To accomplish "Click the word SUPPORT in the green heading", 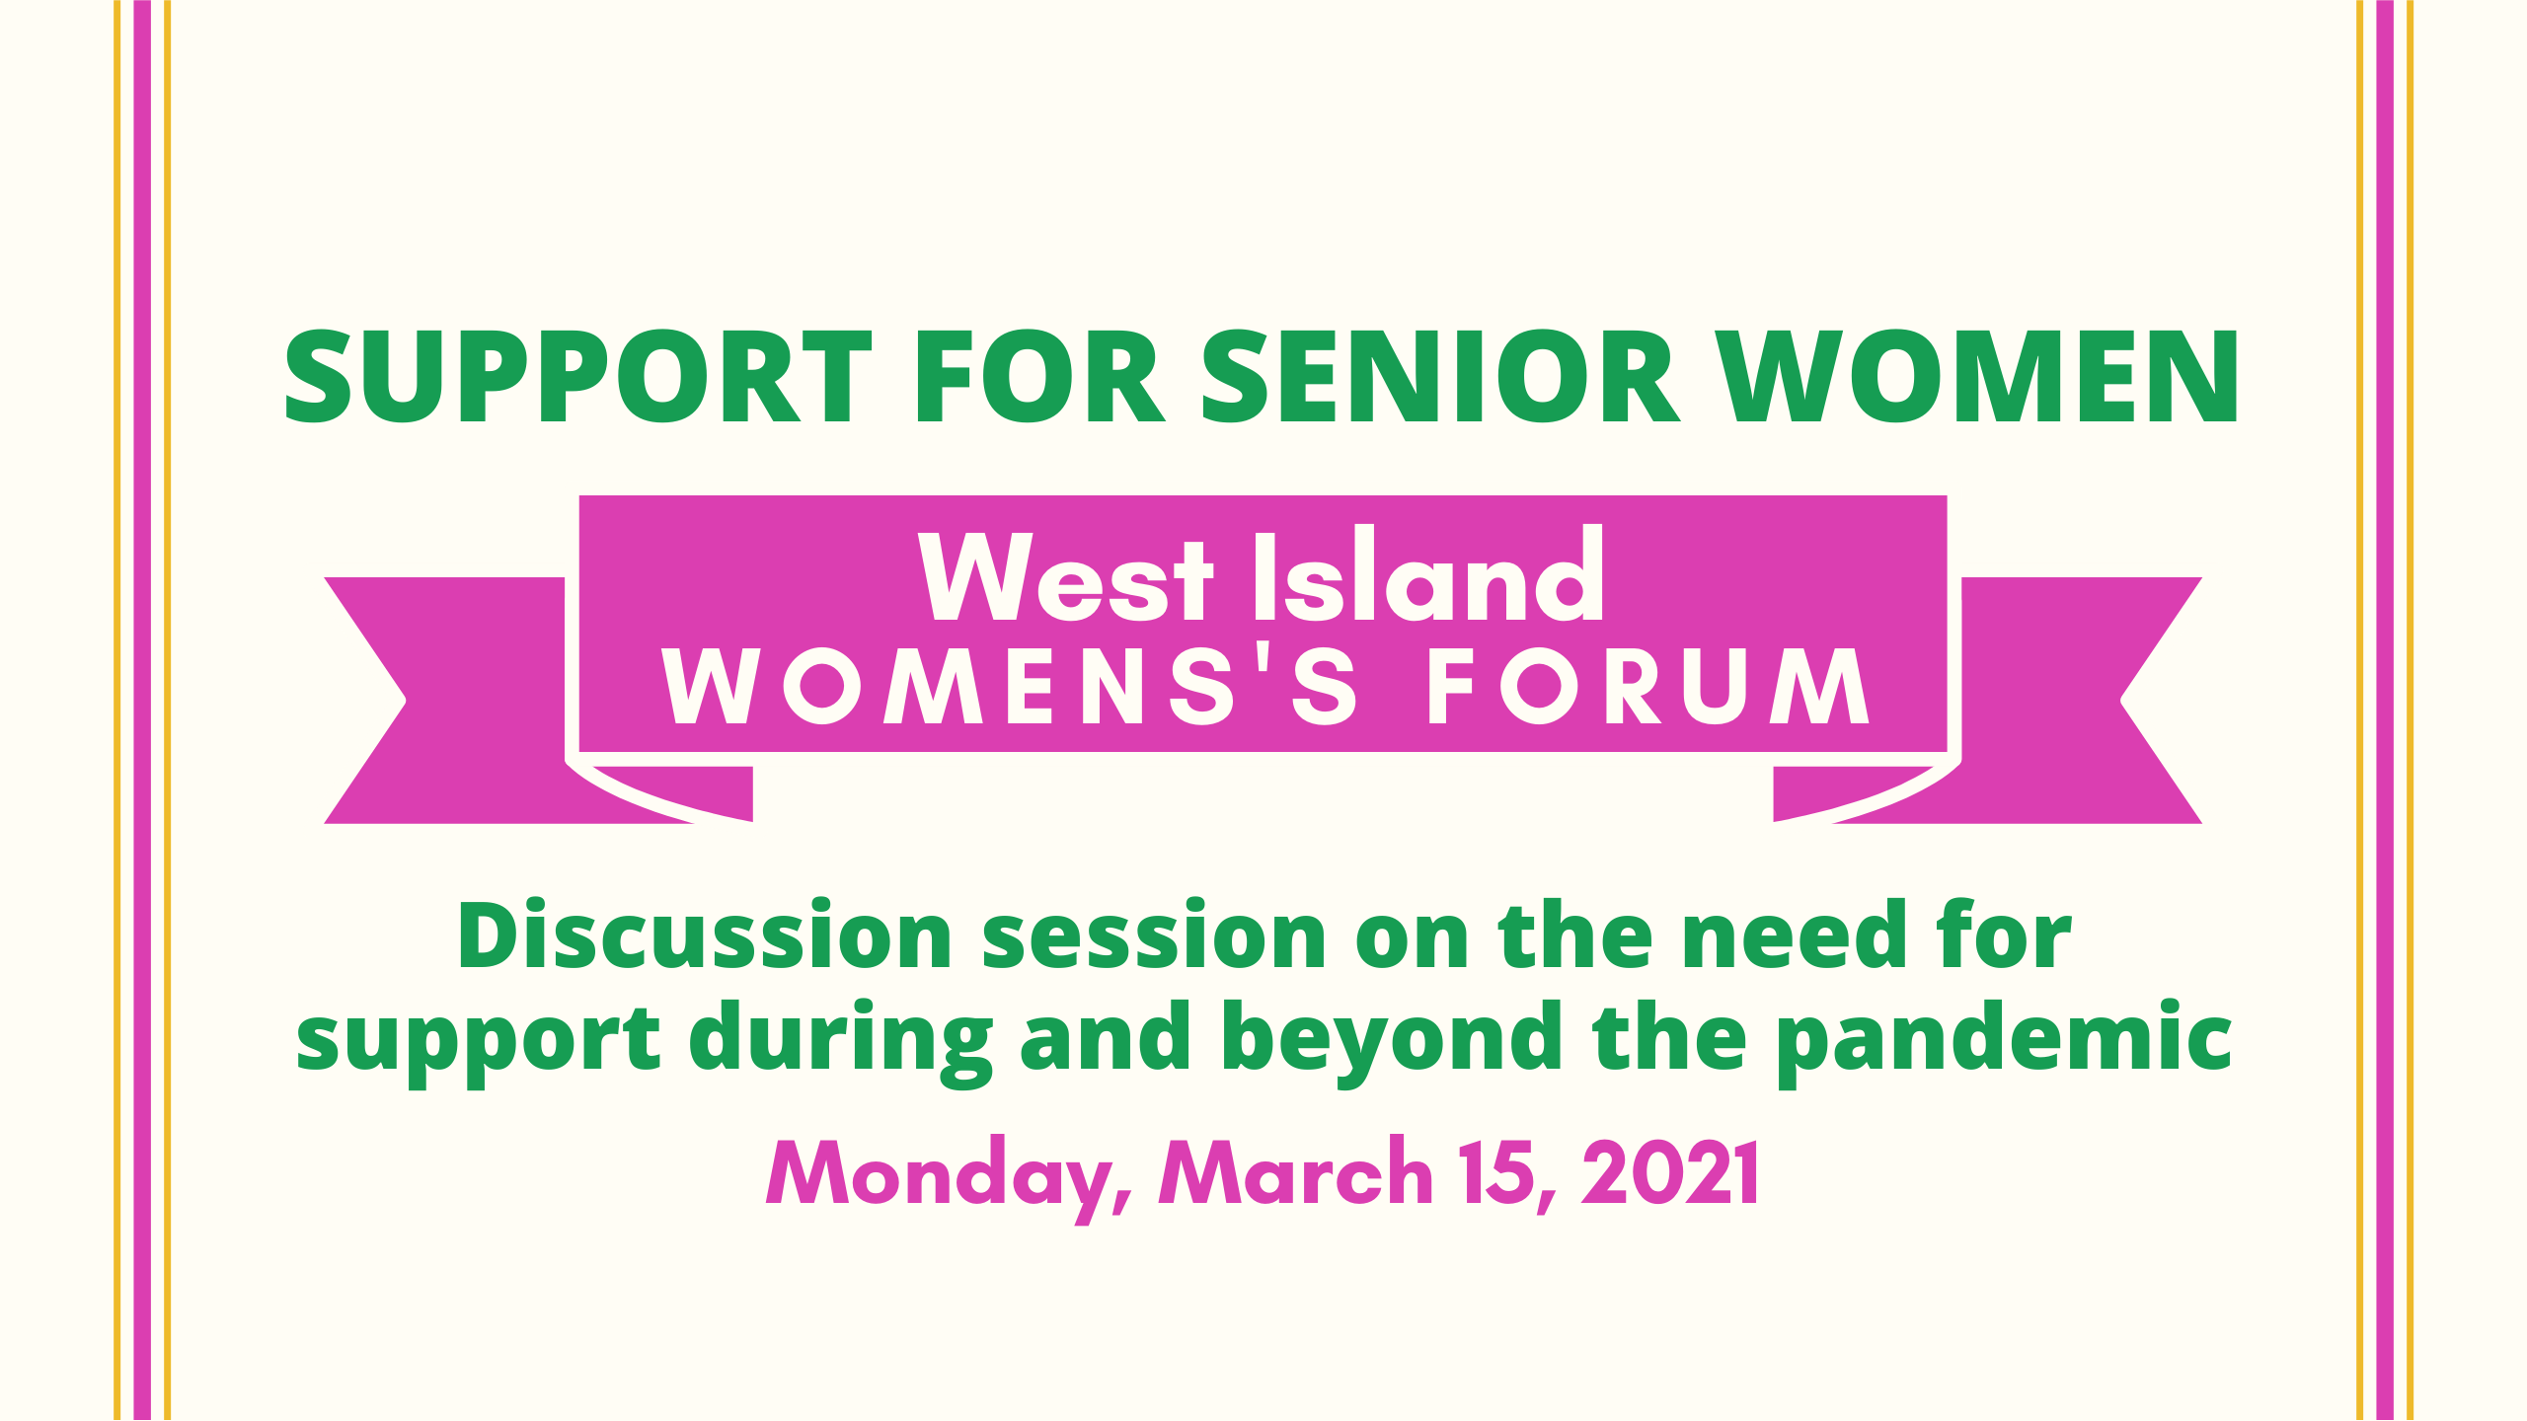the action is (578, 376).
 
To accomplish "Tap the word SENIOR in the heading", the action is (1438, 376).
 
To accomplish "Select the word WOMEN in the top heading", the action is (1977, 376).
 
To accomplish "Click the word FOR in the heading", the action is (1040, 376).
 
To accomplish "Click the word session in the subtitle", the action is (1154, 935).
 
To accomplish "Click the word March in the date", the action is (1295, 1171).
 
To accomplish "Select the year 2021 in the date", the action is (1669, 1172).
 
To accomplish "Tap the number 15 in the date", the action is (1499, 1174).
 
